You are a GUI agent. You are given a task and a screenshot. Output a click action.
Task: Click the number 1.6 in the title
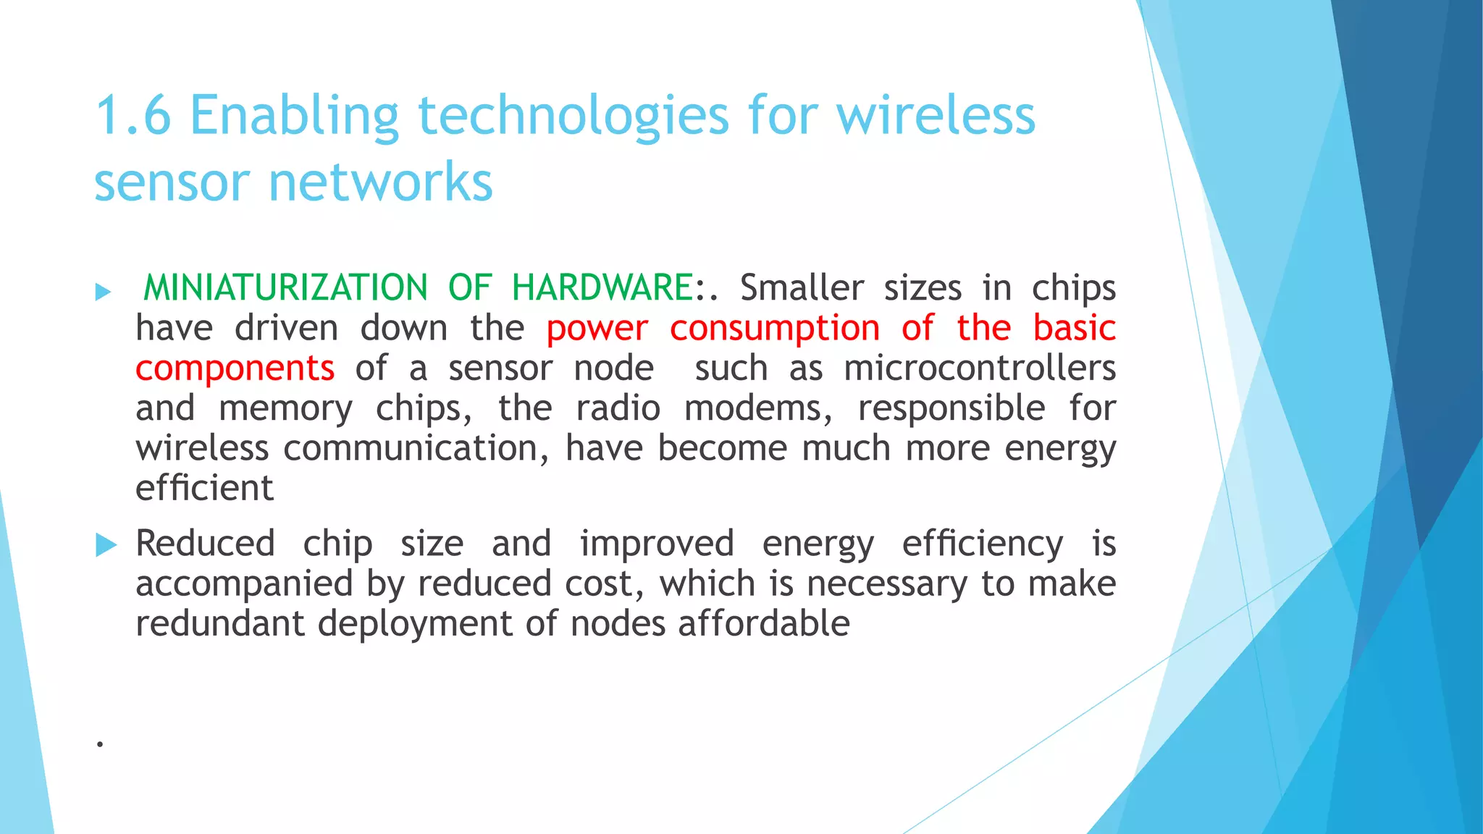coord(133,116)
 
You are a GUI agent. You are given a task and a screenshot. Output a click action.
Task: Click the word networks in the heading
coord(381,182)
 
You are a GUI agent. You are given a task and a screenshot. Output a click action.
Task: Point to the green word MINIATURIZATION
coord(285,288)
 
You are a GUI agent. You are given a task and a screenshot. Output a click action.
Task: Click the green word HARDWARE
coord(602,288)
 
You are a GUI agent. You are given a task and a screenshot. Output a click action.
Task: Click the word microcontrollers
coord(980,368)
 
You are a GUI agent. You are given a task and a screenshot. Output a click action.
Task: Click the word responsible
coord(951,408)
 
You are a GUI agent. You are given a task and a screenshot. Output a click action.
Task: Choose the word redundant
coord(219,624)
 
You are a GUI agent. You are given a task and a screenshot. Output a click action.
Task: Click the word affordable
coord(764,624)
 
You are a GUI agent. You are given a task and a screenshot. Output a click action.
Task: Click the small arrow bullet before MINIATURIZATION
coord(104,292)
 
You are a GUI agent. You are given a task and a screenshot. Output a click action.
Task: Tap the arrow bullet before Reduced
coord(106,545)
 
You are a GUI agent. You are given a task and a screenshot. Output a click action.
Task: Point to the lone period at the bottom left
coord(100,744)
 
